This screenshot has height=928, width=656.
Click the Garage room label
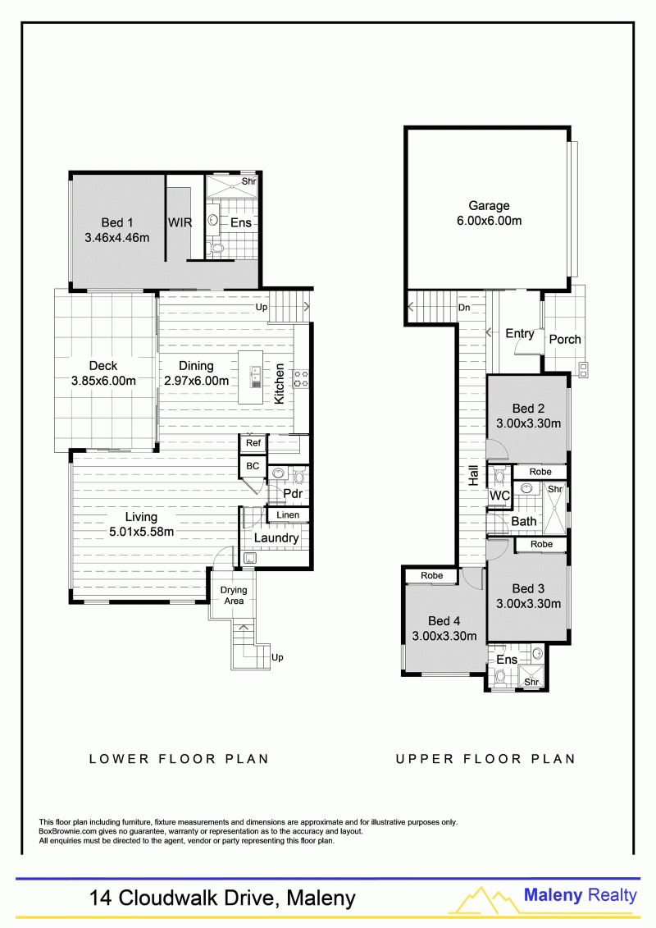click(489, 206)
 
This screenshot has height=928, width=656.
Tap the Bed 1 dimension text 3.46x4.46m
click(116, 238)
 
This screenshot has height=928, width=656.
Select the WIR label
click(180, 222)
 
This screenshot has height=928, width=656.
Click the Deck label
click(103, 366)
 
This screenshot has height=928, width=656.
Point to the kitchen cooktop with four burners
click(300, 379)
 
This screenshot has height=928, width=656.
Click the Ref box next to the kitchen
click(253, 443)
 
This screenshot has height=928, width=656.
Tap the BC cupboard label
click(253, 466)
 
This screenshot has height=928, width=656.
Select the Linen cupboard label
click(288, 515)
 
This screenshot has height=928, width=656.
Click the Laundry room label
click(276, 538)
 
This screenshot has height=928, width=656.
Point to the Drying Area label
click(234, 596)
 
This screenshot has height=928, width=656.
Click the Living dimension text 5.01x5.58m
click(141, 532)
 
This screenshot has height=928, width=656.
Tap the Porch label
click(565, 340)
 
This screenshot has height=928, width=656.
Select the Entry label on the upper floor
click(519, 334)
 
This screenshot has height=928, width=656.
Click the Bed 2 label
click(528, 409)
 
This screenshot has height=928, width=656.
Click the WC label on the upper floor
click(499, 496)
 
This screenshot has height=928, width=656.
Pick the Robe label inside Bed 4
click(432, 575)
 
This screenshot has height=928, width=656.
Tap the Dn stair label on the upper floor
click(464, 308)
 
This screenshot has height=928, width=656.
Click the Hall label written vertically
click(473, 476)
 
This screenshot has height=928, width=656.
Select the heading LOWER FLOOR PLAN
click(179, 759)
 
